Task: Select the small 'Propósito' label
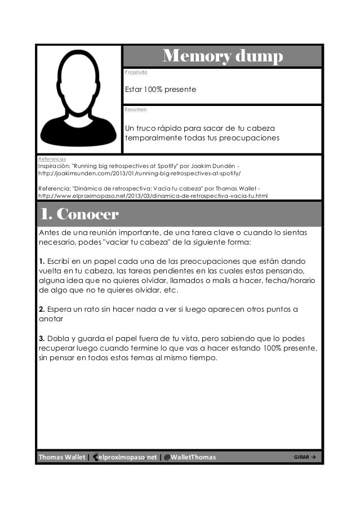pos(136,73)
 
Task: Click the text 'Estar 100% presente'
pos(160,89)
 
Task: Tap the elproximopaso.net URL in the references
pos(153,196)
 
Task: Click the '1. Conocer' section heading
pos(79,215)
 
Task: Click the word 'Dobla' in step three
pos(61,338)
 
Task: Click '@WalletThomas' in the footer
pos(190,457)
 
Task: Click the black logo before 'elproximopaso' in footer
pos(95,457)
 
